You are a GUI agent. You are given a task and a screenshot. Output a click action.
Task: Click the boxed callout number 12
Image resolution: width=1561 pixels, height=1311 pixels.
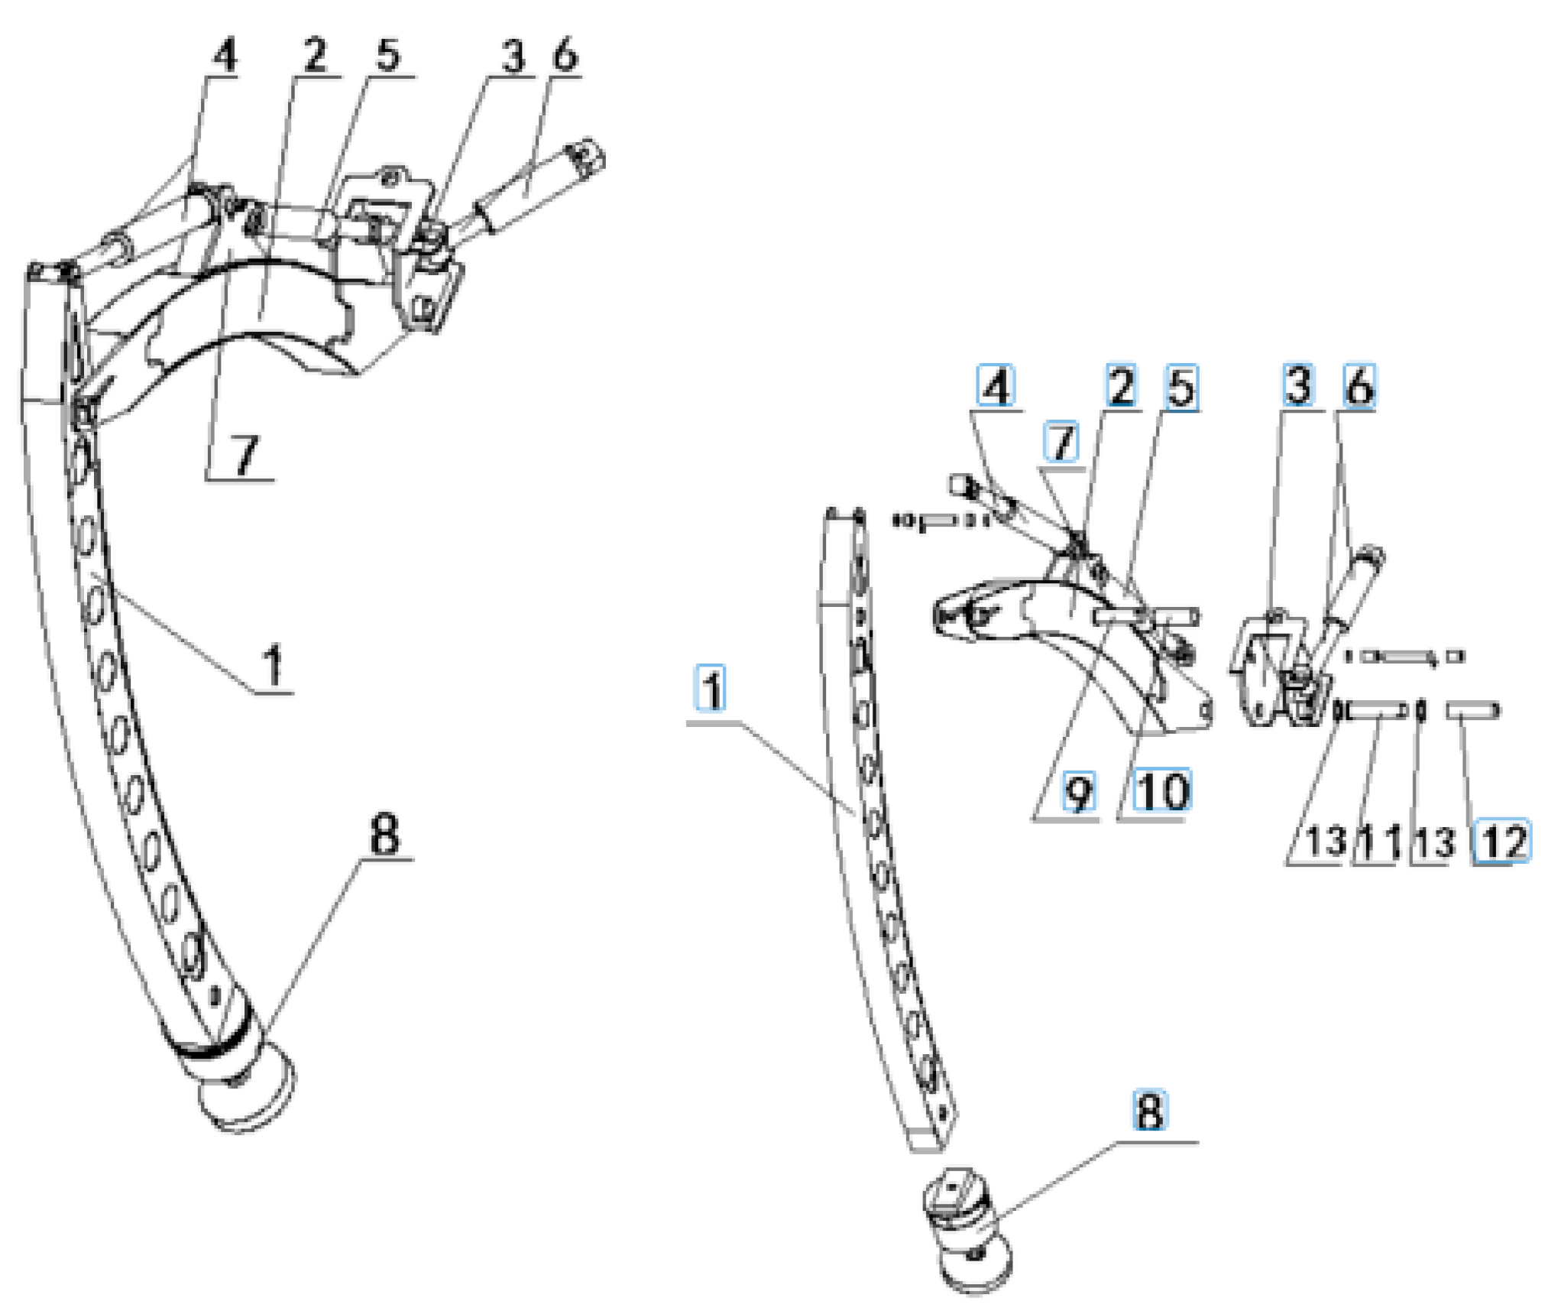click(x=1501, y=842)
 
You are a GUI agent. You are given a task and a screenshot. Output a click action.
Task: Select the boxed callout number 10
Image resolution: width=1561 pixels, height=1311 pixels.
click(x=1163, y=791)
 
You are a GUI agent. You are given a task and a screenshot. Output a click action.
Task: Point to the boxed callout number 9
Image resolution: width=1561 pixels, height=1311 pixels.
click(x=1078, y=792)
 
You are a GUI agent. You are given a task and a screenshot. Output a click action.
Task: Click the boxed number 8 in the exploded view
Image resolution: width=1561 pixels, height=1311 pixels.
click(x=1150, y=1110)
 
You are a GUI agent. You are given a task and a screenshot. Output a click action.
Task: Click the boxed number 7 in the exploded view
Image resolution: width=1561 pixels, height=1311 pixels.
click(x=1062, y=443)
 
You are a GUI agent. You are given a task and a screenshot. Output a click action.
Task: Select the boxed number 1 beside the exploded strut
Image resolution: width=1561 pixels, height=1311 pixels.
click(x=711, y=689)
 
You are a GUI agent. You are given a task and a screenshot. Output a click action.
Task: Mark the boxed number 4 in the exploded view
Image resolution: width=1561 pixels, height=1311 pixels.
click(x=996, y=386)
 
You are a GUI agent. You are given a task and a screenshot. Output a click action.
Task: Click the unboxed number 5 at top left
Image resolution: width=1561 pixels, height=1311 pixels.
click(x=387, y=55)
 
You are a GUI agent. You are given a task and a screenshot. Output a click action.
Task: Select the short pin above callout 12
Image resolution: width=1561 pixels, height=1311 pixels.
click(x=1472, y=712)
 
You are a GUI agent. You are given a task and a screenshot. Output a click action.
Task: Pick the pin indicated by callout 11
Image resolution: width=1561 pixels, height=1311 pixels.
click(x=1376, y=712)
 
